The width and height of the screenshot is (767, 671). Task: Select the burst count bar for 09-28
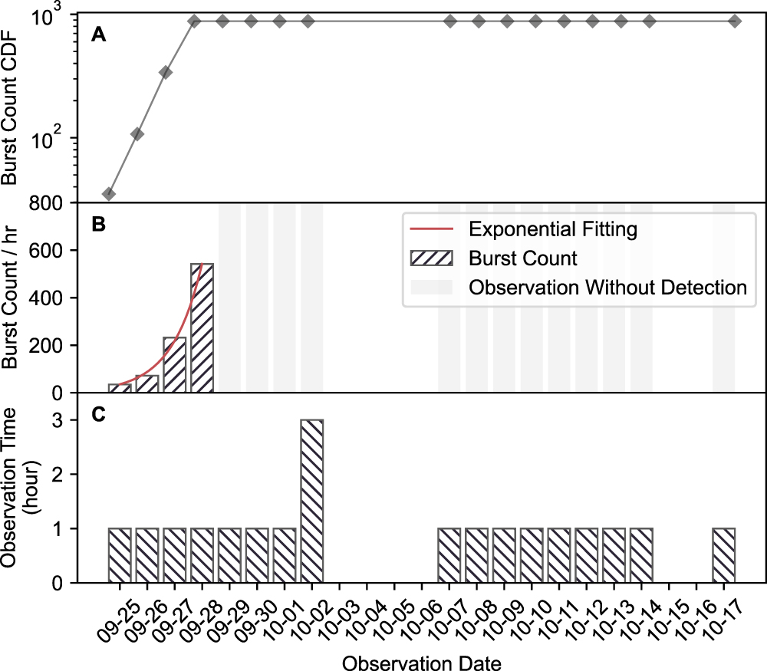[x=202, y=328]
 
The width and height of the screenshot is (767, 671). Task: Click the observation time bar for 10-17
[x=723, y=555]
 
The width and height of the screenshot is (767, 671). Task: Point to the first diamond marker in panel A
[x=109, y=194]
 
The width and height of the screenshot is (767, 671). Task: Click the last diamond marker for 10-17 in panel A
[x=734, y=21]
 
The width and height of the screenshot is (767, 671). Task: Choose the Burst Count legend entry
[x=523, y=258]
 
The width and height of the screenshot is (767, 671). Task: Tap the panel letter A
[x=97, y=34]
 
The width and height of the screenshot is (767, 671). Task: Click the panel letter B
[x=97, y=225]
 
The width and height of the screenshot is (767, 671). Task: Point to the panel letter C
[x=97, y=415]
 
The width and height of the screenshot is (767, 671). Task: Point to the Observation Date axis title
[x=422, y=660]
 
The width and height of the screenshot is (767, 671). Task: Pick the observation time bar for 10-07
[x=449, y=555]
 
